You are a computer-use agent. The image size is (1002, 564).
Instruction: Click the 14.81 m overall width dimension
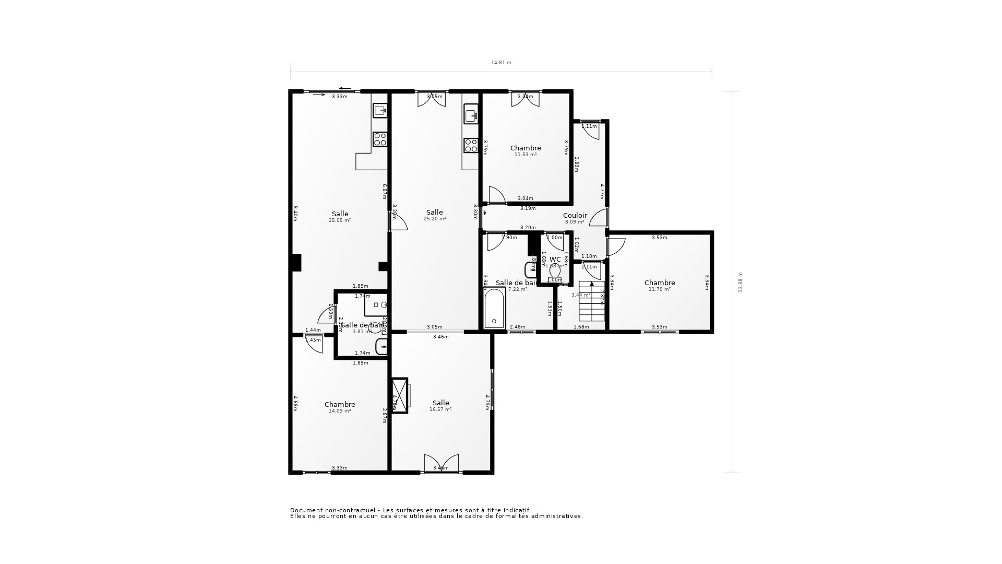coord(501,63)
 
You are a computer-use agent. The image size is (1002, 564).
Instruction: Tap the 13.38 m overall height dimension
coord(740,282)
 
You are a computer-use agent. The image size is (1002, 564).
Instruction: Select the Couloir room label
coord(575,215)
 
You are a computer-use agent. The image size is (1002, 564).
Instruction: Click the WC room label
coord(555,259)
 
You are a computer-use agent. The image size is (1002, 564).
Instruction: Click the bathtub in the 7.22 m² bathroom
coord(494,309)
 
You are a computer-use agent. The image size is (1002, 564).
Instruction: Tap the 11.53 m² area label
coord(525,155)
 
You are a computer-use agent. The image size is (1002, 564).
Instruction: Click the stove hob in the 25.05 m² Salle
coord(380,139)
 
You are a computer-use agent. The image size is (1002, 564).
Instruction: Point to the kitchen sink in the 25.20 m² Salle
coord(471,114)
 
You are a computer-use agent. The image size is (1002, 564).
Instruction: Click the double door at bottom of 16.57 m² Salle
coord(441,464)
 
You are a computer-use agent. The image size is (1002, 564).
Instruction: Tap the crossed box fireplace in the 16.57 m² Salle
coord(399,395)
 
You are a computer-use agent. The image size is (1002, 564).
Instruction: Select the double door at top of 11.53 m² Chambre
coord(525,99)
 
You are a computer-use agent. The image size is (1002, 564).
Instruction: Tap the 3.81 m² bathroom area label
coord(361,332)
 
